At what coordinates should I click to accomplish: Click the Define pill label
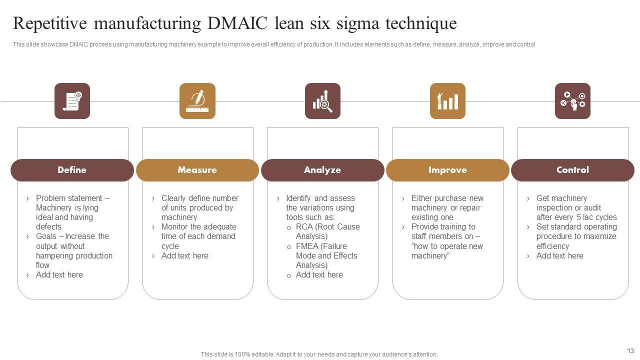72,170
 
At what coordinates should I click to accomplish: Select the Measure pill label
197,170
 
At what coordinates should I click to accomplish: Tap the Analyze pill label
322,170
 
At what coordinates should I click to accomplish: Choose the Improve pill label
447,170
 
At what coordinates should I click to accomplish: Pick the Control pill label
572,170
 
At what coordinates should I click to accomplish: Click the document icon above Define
72,101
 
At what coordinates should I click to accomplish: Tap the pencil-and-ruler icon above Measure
197,101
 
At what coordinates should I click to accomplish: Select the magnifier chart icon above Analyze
322,101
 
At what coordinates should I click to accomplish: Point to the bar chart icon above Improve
447,101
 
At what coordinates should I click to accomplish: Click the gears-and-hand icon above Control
572,101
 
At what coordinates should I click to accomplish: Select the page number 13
630,350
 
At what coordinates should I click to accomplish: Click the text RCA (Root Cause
327,227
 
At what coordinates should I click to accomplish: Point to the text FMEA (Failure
321,246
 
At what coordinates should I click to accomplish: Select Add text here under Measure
184,256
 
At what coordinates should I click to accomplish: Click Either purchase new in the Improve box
447,198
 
